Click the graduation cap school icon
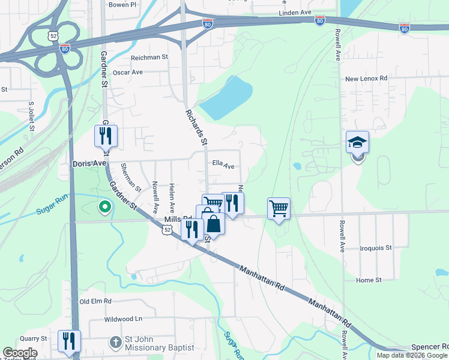coord(357,143)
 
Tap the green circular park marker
coord(104,208)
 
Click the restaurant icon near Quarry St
coord(69,341)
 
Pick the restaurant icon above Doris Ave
coord(106,136)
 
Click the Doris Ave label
coord(89,163)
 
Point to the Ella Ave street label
coord(223,166)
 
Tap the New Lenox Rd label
coord(366,79)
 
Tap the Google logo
coord(20,353)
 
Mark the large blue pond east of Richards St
coord(226,98)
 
